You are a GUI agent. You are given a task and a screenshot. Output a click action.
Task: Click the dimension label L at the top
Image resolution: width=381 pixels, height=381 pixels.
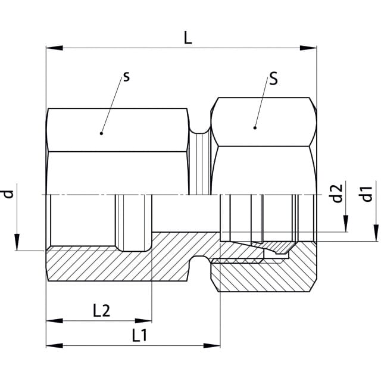(x=188, y=38)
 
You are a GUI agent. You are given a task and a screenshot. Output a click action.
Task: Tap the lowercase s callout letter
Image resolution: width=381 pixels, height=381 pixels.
(x=126, y=77)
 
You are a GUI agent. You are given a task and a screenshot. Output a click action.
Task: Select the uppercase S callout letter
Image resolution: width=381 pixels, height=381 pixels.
(x=274, y=79)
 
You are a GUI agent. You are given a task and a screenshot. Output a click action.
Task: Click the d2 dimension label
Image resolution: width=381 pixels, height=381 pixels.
(x=337, y=193)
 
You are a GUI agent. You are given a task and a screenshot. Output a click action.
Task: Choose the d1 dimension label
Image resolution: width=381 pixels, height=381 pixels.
(x=367, y=194)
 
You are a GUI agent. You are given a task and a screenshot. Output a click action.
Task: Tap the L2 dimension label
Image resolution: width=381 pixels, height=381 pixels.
(x=102, y=311)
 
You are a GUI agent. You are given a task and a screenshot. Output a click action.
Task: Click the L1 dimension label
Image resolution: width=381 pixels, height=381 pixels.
(x=139, y=335)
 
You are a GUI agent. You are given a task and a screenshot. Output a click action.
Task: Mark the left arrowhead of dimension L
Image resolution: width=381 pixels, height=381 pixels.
(x=54, y=48)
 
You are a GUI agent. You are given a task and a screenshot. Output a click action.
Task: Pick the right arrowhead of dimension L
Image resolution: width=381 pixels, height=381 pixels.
(x=308, y=48)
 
